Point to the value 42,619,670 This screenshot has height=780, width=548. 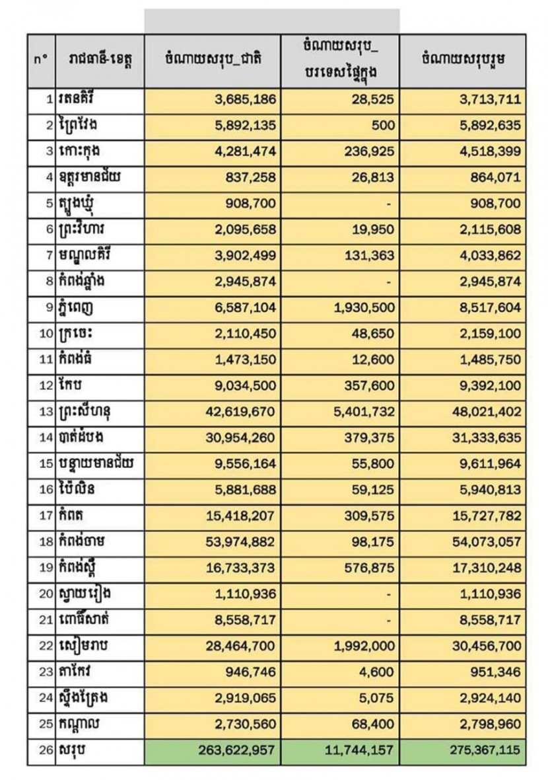click(234, 412)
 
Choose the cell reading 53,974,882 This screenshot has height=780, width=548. click(234, 516)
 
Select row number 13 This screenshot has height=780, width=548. click(45, 412)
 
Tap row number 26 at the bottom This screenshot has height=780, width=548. click(45, 752)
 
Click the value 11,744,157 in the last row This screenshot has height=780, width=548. click(362, 752)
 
